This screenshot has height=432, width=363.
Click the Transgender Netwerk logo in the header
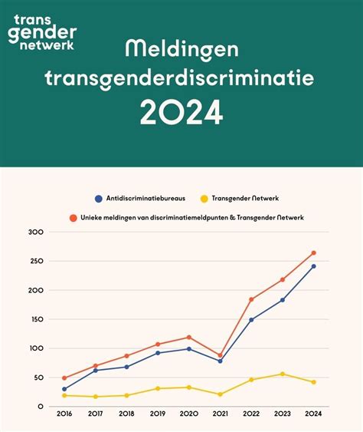[42, 32]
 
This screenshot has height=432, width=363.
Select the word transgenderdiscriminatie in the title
[181, 79]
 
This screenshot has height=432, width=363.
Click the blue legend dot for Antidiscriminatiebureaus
[98, 198]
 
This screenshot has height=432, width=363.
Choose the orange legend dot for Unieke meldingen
[73, 218]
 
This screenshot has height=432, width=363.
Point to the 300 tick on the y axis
[38, 232]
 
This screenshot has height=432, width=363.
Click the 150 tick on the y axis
[38, 319]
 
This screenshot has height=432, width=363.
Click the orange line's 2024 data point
[313, 252]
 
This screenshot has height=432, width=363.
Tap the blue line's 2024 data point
[313, 266]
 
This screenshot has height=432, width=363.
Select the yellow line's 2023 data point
[282, 374]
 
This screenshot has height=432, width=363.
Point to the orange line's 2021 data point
[220, 356]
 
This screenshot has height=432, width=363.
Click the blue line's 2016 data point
[64, 389]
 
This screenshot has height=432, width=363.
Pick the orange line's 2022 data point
[251, 299]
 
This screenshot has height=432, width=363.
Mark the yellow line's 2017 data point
[96, 397]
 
